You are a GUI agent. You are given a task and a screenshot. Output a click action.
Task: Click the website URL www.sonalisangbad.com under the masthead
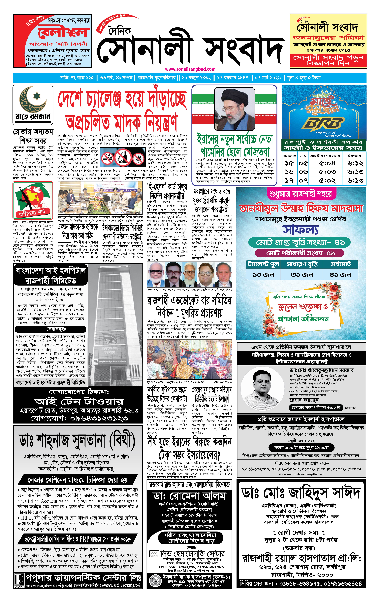coord(190,69)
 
